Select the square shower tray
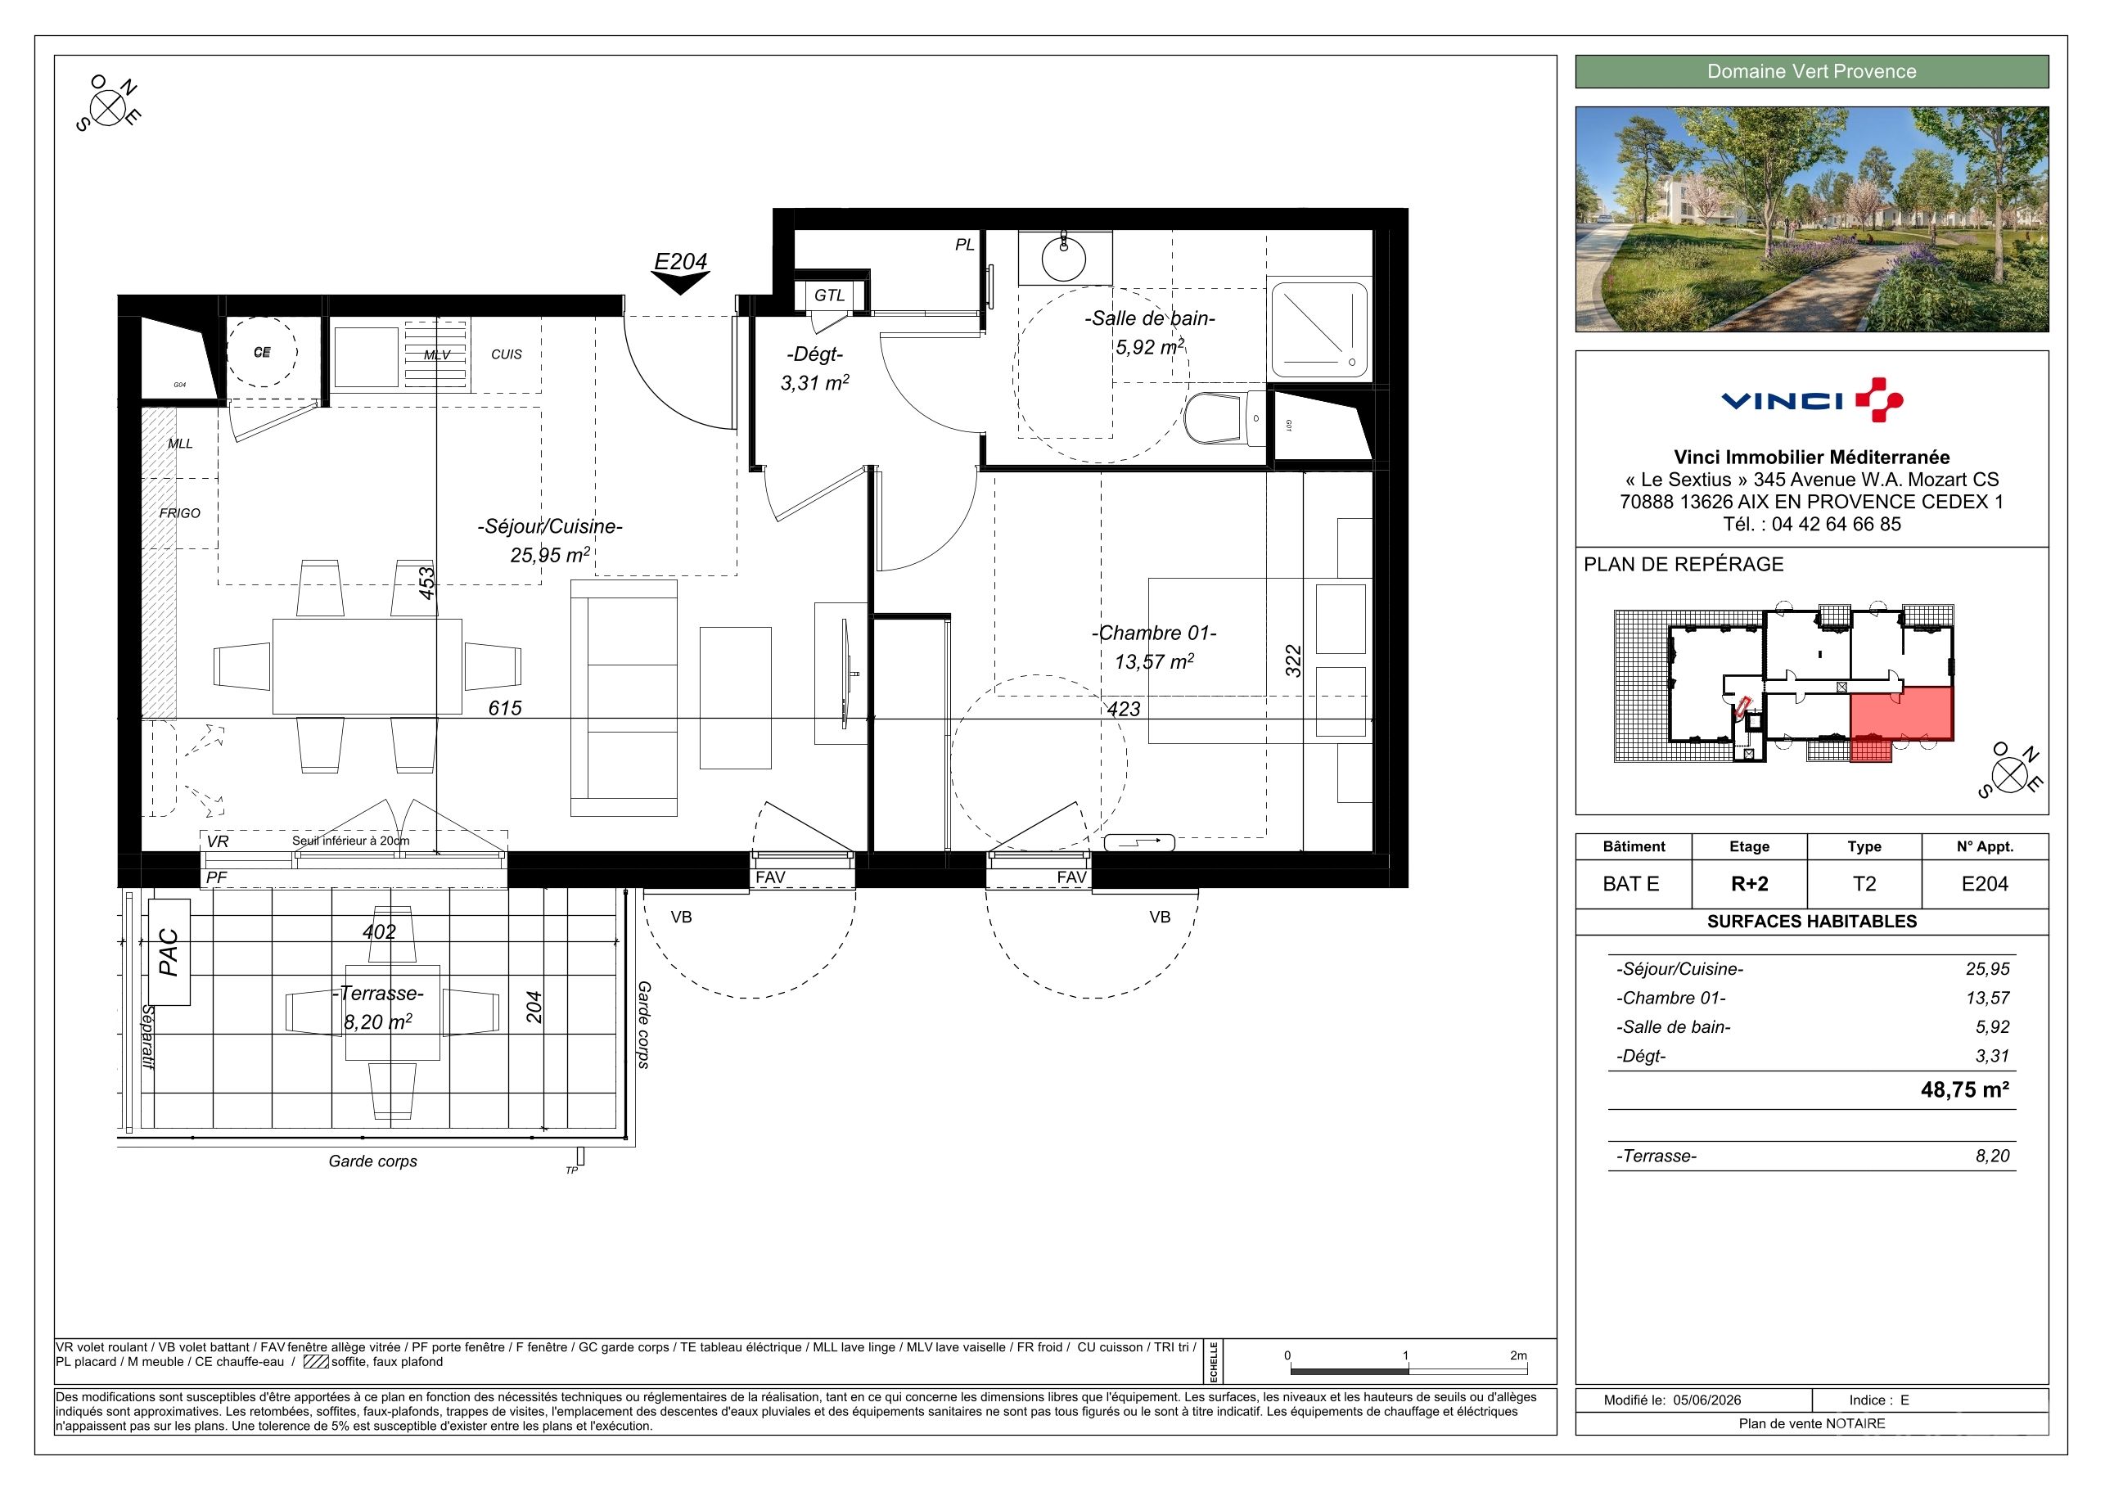1320,328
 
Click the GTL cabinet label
829,295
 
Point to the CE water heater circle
262,352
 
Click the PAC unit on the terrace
169,952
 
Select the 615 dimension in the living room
505,708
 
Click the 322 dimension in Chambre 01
1292,661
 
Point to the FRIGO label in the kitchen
180,513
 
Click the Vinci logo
1812,399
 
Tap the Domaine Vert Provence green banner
1812,71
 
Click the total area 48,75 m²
1965,1089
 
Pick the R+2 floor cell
1749,884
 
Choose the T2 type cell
1864,884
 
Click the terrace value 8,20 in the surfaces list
1992,1157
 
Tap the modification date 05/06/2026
1707,1400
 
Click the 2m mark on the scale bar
1519,1356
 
